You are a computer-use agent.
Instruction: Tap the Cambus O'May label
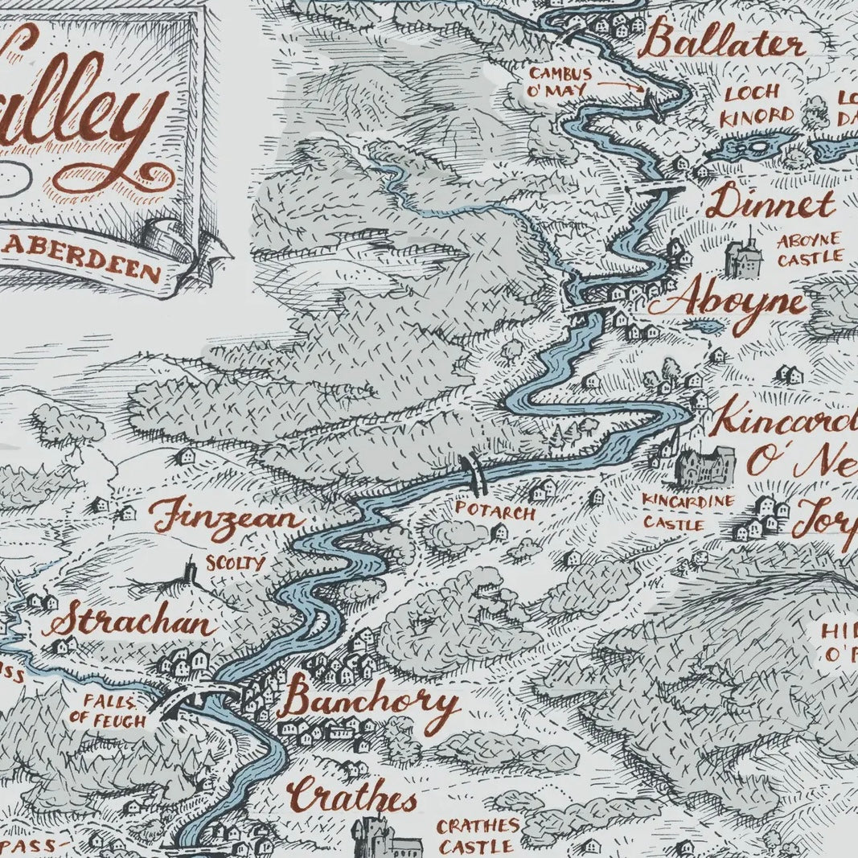[560, 81]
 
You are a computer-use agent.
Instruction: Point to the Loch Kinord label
[758, 105]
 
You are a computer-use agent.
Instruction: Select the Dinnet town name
[770, 203]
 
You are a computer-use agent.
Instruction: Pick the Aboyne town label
[738, 305]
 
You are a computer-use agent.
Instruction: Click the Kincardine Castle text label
[688, 512]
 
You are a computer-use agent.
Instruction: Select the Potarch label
[495, 510]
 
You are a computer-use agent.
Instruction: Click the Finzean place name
[228, 517]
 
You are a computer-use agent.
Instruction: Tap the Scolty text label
[235, 563]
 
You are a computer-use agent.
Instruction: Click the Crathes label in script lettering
[353, 798]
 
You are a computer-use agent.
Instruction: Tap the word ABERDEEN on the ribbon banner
[103, 264]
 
